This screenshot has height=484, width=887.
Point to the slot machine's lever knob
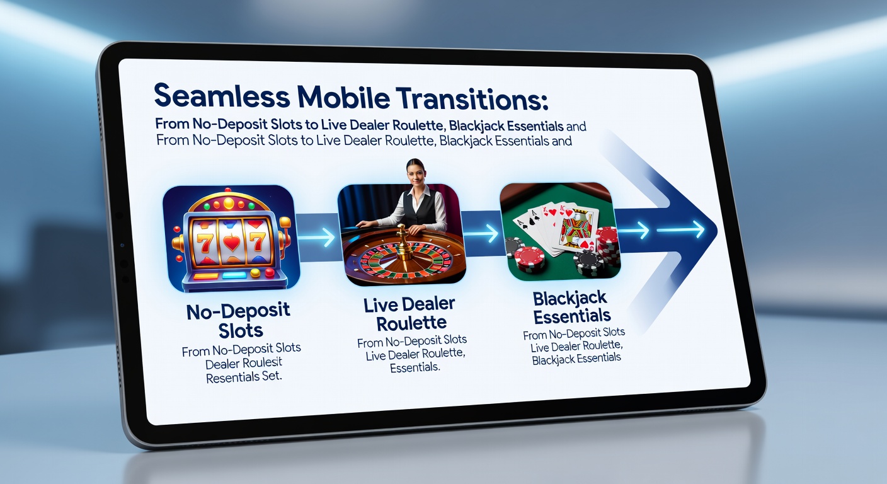click(285, 221)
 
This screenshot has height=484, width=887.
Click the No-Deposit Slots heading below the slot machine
click(237, 320)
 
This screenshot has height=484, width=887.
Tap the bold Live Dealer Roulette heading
click(409, 314)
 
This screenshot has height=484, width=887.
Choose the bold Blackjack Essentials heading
click(571, 306)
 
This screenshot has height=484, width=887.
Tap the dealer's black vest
click(420, 211)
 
